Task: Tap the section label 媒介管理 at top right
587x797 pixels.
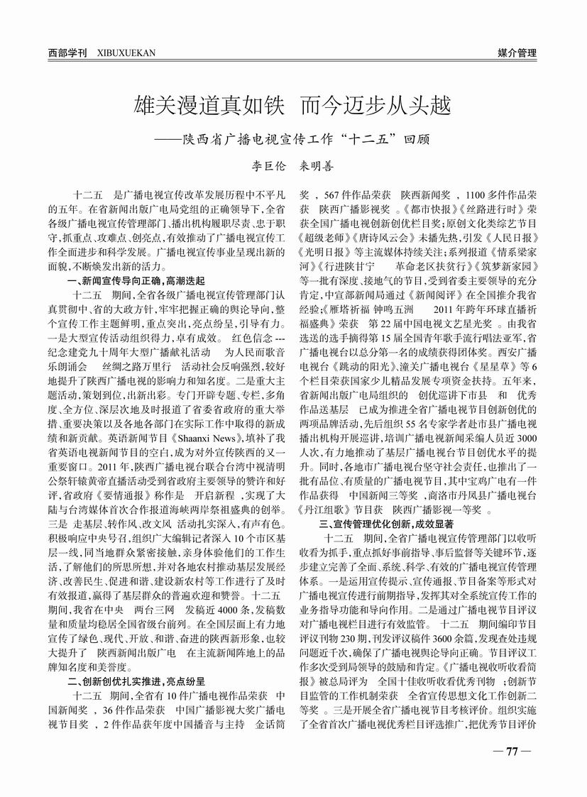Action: pyautogui.click(x=517, y=53)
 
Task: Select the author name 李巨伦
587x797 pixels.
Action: pyautogui.click(x=269, y=165)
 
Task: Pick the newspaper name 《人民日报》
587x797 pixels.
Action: pyautogui.click(x=512, y=235)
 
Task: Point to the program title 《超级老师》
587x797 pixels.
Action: pyautogui.click(x=326, y=235)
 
